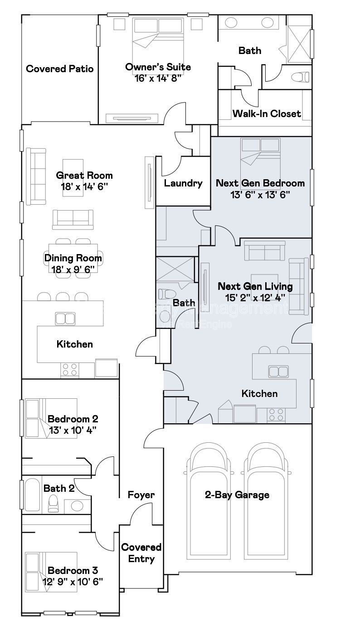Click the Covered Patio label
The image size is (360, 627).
point(60,69)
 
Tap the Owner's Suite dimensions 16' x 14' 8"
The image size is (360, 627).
point(158,78)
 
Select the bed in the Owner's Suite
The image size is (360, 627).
point(158,39)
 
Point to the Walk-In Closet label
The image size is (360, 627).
point(267,113)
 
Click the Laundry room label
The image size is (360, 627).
point(183,183)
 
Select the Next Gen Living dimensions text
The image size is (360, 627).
point(255,298)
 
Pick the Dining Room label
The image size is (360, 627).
point(73,258)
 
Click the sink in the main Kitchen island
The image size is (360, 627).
point(66,318)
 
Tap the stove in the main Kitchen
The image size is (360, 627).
point(69,369)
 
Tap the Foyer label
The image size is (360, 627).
point(141,495)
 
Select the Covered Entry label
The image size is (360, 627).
point(141,553)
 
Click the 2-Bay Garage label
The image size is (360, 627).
point(237,495)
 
